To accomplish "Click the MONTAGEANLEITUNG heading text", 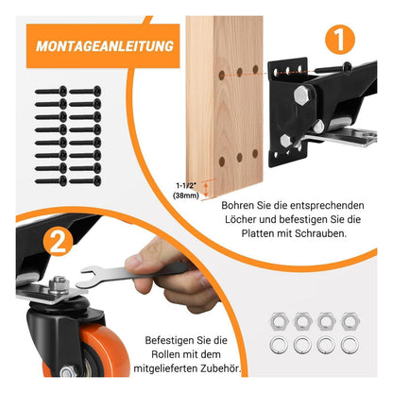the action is click(x=105, y=46).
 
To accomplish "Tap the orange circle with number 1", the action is click(x=340, y=40).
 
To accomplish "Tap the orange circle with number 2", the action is click(x=59, y=242).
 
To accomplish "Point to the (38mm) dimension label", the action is click(x=186, y=196).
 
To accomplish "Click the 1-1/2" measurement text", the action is click(x=188, y=185).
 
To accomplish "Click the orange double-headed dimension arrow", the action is click(x=206, y=189).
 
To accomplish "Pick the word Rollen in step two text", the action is click(x=166, y=354).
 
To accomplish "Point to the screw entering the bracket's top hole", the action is click(x=333, y=68).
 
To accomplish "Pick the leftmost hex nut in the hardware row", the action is click(x=279, y=321).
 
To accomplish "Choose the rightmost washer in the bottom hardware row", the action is click(x=350, y=345).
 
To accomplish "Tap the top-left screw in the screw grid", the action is click(x=51, y=92).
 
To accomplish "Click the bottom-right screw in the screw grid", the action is click(x=85, y=181).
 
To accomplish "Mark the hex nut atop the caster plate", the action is click(x=59, y=285).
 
